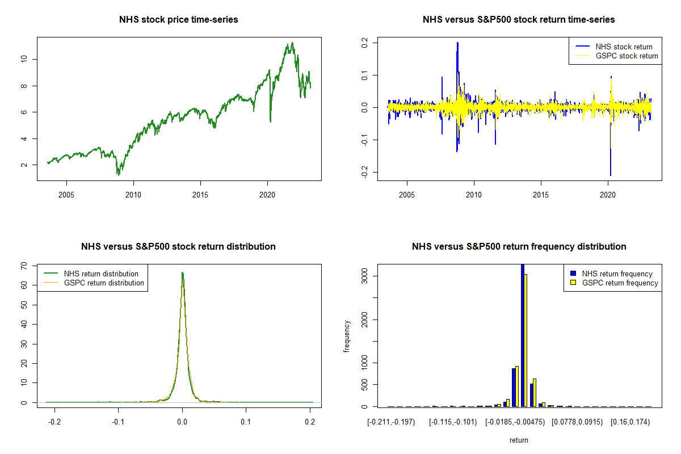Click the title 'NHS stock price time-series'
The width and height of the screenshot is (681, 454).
[179, 20]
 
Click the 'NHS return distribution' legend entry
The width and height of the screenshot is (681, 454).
[101, 274]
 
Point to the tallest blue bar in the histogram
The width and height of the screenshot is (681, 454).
[522, 335]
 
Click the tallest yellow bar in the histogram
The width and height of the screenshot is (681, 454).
[526, 340]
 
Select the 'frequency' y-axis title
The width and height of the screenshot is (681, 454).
[347, 336]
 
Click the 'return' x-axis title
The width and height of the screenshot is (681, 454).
[519, 440]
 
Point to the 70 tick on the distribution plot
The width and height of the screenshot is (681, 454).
[24, 266]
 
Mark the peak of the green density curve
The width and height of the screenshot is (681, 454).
[182, 272]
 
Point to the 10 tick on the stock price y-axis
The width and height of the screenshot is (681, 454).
[24, 59]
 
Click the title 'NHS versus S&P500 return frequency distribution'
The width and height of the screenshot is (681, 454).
[519, 247]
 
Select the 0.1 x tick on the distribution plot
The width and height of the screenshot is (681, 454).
[246, 423]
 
